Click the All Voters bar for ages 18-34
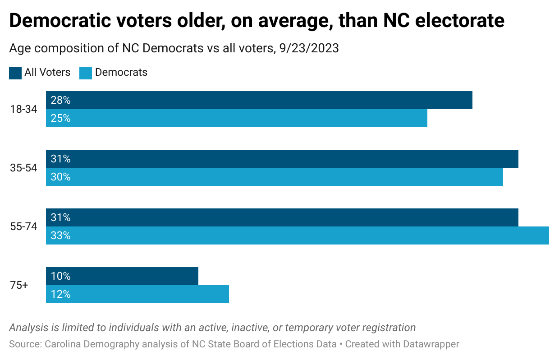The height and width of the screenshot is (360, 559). (x=259, y=100)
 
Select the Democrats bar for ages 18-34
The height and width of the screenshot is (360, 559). (x=237, y=118)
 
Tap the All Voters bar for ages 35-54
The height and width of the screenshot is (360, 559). (x=282, y=159)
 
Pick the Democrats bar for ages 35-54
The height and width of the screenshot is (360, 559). (x=275, y=177)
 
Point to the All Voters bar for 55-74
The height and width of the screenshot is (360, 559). (x=282, y=217)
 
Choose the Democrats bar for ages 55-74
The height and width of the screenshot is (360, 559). (x=298, y=235)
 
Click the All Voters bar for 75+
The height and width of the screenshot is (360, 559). (x=122, y=276)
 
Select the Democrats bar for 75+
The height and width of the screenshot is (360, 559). (x=137, y=294)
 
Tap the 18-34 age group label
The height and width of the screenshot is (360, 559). (x=23, y=109)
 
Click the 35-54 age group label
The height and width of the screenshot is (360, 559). (x=23, y=168)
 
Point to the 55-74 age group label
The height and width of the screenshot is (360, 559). (x=23, y=226)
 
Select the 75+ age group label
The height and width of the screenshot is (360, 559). (x=19, y=285)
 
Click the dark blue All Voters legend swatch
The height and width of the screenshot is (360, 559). (x=15, y=73)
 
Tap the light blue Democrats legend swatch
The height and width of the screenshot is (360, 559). (x=86, y=73)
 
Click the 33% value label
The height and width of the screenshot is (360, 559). (x=60, y=235)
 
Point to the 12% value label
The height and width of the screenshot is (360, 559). (x=60, y=294)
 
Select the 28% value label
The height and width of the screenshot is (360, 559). (x=60, y=100)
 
